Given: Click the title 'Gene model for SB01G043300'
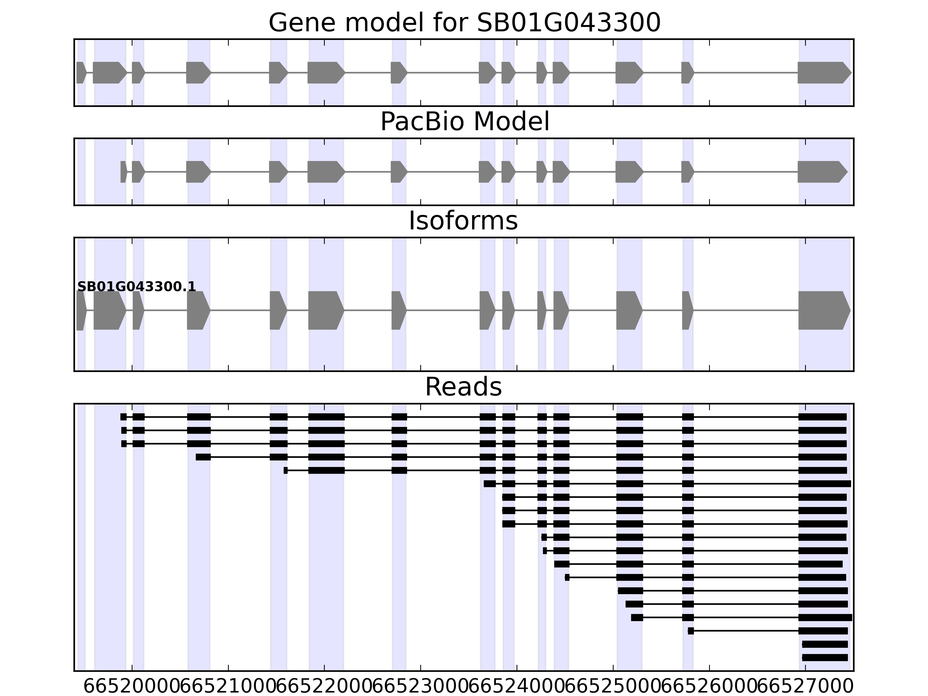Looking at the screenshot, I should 464,23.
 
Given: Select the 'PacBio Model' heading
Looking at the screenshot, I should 464,122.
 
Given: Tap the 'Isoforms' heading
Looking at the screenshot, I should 463,221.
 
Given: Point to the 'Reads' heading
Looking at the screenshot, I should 463,387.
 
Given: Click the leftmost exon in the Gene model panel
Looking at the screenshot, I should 81,72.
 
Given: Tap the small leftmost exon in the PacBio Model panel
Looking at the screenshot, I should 123,172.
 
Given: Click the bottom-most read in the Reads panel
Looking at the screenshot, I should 825,657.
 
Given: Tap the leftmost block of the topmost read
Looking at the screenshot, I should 123,417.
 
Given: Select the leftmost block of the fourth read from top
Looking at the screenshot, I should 203,457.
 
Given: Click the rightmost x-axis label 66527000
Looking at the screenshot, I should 806,687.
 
